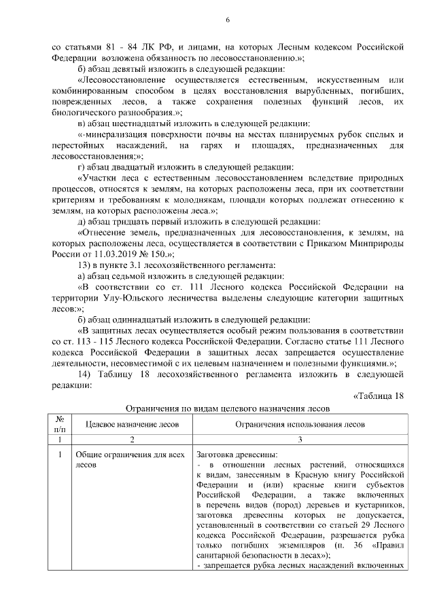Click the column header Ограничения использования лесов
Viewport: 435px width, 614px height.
click(299, 424)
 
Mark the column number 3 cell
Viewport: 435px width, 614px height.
click(299, 439)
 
